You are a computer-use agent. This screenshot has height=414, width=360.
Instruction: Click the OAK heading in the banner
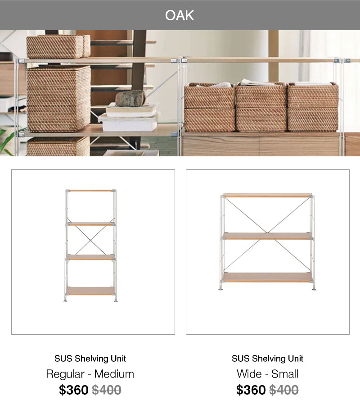tap(180, 15)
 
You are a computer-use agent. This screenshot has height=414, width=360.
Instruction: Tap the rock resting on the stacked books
tap(130, 98)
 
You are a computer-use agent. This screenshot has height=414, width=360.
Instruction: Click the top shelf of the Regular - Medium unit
tap(90, 191)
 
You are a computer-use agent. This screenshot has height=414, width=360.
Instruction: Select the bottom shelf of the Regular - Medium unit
tap(90, 291)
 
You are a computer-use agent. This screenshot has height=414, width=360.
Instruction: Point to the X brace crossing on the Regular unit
tap(90, 240)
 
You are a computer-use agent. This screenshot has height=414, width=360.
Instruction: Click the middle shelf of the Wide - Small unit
tap(267, 236)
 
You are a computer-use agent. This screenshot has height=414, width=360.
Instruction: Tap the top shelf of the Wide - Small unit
tap(267, 196)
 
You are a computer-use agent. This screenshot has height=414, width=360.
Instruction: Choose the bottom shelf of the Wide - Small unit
tap(267, 278)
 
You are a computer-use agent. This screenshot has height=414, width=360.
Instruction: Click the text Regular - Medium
tap(90, 374)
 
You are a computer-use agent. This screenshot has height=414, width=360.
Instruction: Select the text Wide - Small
tap(267, 374)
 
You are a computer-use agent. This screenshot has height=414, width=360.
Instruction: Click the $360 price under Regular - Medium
tap(74, 390)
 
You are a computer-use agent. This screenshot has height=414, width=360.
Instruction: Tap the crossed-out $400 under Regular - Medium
tap(107, 390)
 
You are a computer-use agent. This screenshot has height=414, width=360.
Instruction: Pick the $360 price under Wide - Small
tap(251, 390)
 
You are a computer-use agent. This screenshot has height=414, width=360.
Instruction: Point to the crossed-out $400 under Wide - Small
tap(284, 390)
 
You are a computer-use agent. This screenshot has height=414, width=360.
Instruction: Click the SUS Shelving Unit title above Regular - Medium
tap(90, 359)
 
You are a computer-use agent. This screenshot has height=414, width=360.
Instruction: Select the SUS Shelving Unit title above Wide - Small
tap(267, 359)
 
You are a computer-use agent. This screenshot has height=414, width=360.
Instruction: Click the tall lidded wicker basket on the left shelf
tap(59, 99)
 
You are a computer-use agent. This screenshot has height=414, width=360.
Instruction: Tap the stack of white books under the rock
tap(129, 118)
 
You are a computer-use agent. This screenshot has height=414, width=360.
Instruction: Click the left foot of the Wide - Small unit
tap(220, 289)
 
